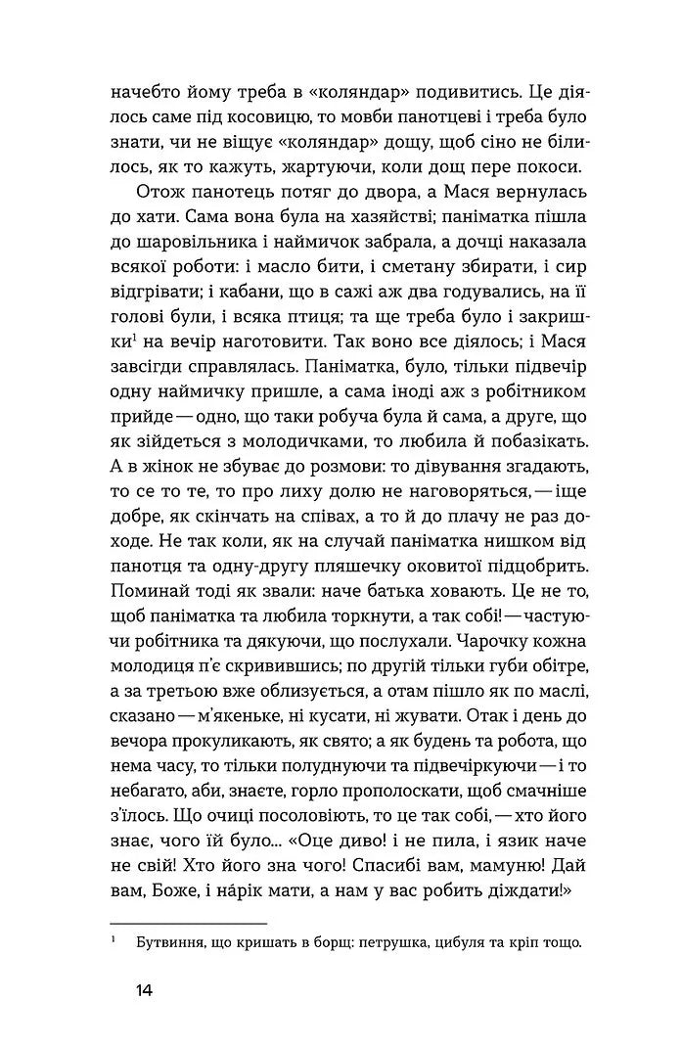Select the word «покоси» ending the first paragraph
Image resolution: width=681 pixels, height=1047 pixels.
pyautogui.click(x=541, y=163)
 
